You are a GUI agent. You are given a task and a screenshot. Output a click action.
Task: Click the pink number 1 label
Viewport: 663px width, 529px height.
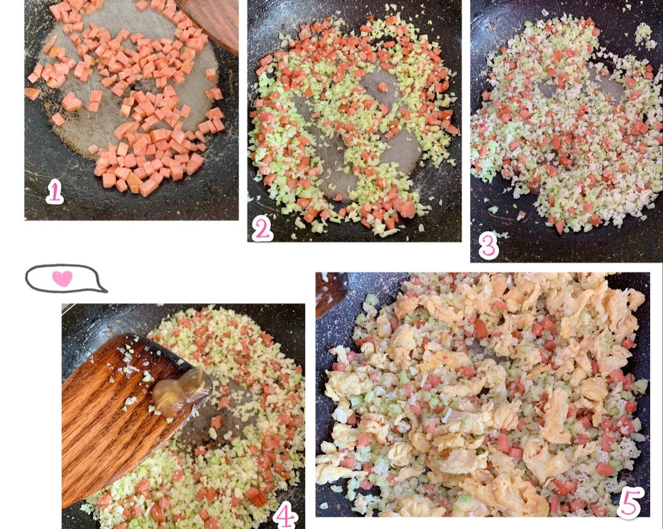tap(55, 191)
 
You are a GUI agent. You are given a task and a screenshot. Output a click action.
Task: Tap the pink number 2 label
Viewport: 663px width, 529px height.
tap(262, 229)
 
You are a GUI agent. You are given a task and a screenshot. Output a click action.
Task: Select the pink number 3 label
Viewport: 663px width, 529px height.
tap(489, 246)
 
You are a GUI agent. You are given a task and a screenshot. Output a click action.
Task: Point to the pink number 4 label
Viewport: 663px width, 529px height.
tap(285, 515)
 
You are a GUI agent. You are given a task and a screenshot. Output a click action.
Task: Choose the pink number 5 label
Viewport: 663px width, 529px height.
tap(630, 503)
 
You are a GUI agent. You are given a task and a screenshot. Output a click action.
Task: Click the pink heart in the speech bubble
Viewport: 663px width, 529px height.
tap(62, 279)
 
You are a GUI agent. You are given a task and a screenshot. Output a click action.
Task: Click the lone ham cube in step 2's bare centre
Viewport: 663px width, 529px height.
tap(382, 86)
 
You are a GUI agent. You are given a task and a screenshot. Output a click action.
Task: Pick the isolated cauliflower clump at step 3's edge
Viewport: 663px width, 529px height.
tap(643, 33)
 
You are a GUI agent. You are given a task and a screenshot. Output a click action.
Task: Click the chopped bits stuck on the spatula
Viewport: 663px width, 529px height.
tap(127, 371)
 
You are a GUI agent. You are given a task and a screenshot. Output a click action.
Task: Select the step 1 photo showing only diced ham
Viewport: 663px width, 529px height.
tap(131, 110)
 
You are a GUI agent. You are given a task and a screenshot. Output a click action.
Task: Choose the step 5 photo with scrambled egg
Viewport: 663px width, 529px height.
tap(483, 395)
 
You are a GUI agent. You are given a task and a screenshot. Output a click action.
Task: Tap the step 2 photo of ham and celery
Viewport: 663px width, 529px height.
tap(354, 121)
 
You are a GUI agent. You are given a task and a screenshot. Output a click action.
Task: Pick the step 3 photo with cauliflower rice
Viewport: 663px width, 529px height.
tap(567, 131)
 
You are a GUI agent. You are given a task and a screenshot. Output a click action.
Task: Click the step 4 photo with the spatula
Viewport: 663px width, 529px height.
tap(184, 416)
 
